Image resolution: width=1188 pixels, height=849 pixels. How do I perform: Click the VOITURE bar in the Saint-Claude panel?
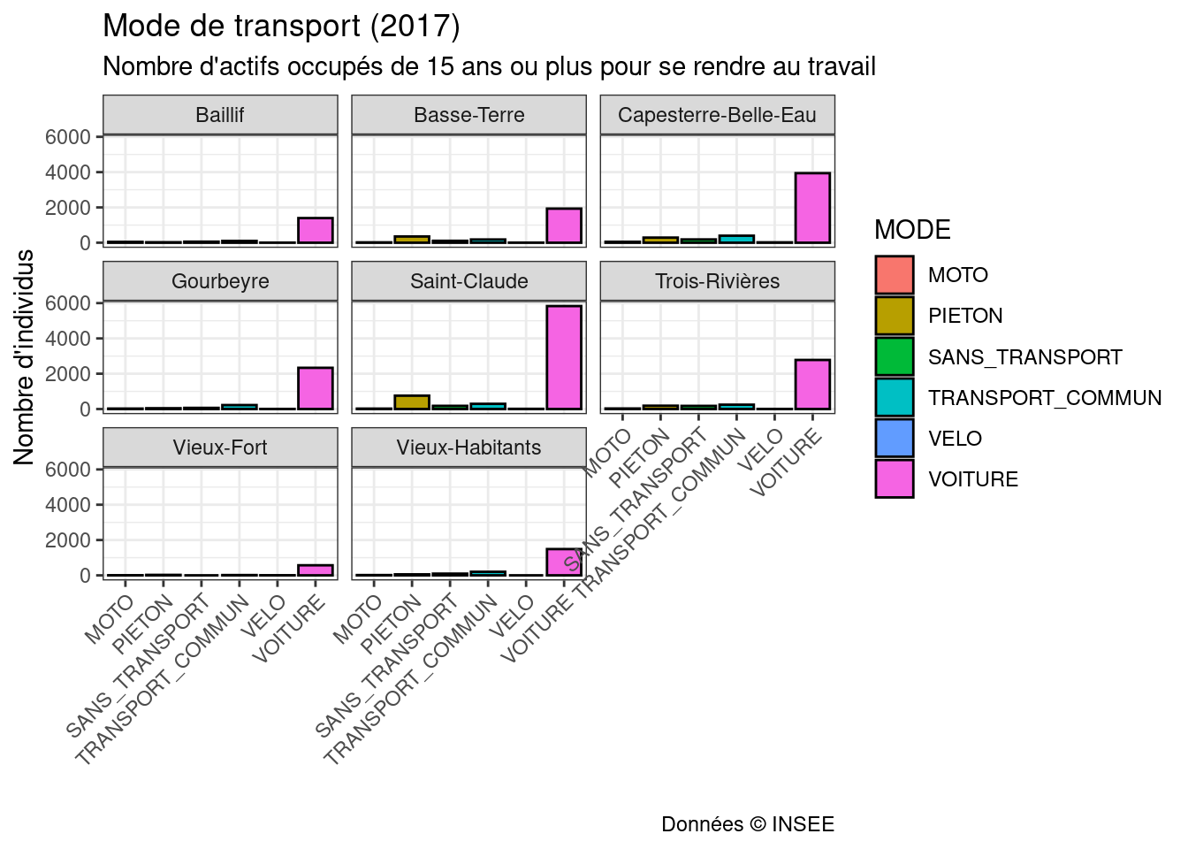564,357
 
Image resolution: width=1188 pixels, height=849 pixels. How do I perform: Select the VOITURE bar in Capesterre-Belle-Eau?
812,208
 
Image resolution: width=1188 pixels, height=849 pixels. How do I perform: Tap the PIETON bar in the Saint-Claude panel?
412,402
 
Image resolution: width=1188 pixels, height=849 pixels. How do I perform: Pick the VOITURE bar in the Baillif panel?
316,230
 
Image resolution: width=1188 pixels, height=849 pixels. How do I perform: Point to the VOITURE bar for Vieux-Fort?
316,570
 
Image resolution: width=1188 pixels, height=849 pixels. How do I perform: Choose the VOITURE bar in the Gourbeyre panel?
316,388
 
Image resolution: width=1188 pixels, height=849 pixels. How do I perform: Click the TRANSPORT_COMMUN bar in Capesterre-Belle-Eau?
736,239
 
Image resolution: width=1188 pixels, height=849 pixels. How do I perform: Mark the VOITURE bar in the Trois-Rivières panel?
812,385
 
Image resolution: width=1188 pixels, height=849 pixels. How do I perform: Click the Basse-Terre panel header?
468,115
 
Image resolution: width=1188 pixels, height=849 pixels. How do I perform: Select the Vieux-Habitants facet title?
468,447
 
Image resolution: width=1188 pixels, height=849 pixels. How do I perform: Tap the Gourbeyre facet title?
220,281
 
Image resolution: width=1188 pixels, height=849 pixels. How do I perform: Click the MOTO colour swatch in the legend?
894,275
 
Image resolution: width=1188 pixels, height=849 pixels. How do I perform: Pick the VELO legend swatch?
894,439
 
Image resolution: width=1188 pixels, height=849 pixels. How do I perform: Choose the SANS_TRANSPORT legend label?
1024,357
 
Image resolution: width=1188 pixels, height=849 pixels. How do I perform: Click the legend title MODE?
912,230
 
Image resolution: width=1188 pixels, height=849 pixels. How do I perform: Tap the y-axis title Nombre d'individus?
24,356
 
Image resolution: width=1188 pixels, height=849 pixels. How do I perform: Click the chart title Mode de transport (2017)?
281,26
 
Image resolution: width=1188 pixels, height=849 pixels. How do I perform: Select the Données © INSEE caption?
747,824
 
